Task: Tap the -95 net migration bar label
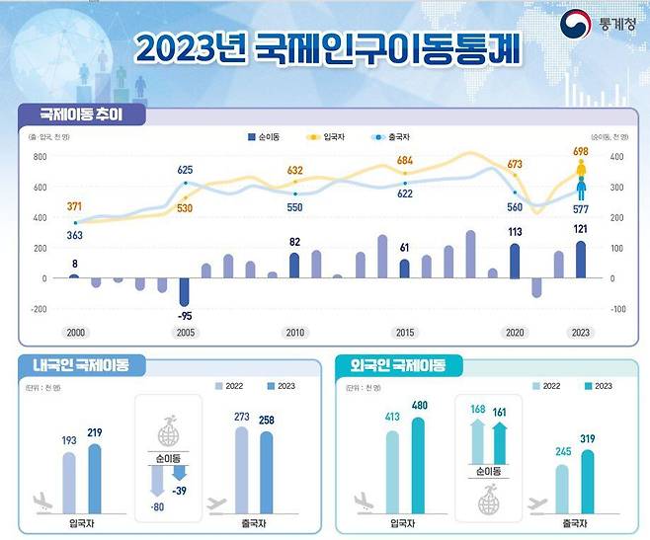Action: [x=185, y=315]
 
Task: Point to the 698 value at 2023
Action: [x=581, y=150]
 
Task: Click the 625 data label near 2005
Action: [x=185, y=170]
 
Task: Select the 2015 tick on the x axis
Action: [x=405, y=334]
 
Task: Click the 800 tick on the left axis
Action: [x=40, y=156]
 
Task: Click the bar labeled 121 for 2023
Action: [x=581, y=260]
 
